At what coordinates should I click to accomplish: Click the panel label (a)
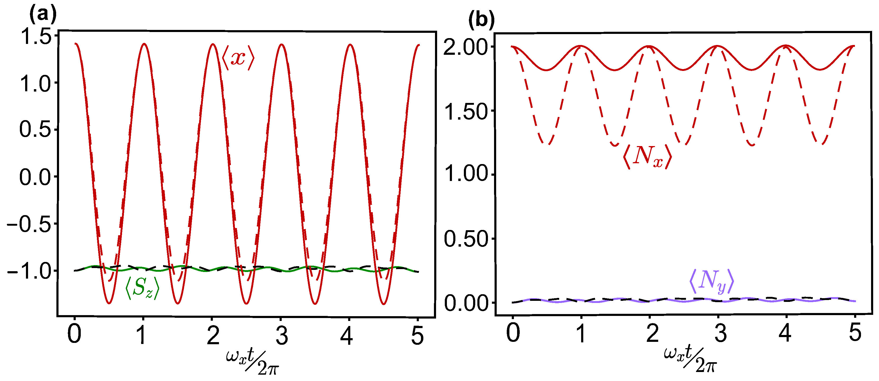point(43,15)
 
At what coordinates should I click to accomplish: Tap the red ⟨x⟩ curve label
point(238,58)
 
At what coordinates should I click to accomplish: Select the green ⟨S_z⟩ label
point(142,288)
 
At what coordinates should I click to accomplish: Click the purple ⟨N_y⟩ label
point(711,282)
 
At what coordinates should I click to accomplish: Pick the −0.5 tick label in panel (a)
point(29,224)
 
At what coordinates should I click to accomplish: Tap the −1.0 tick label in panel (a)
point(29,271)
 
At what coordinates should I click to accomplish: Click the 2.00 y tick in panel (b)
point(466,47)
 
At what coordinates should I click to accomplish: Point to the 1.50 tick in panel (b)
point(466,111)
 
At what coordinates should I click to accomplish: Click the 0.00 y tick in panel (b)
point(466,303)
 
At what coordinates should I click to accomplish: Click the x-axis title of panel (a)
point(253,362)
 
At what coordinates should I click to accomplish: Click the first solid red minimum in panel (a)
point(109,303)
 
